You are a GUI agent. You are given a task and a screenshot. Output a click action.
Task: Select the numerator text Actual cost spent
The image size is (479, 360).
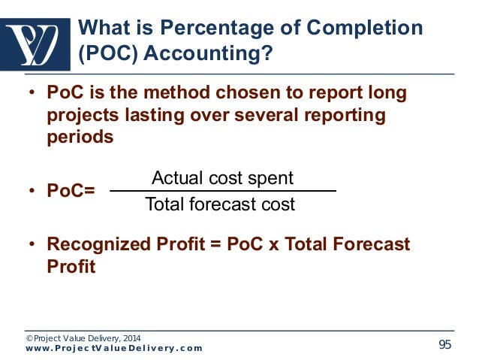tap(222, 178)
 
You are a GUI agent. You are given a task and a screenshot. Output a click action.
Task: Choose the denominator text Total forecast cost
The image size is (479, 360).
tap(220, 204)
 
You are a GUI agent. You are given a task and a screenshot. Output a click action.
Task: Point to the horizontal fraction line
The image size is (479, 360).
tap(222, 192)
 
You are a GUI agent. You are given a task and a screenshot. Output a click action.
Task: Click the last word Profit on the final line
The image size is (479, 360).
tap(71, 267)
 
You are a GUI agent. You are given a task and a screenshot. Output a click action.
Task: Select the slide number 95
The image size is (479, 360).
tap(445, 344)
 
